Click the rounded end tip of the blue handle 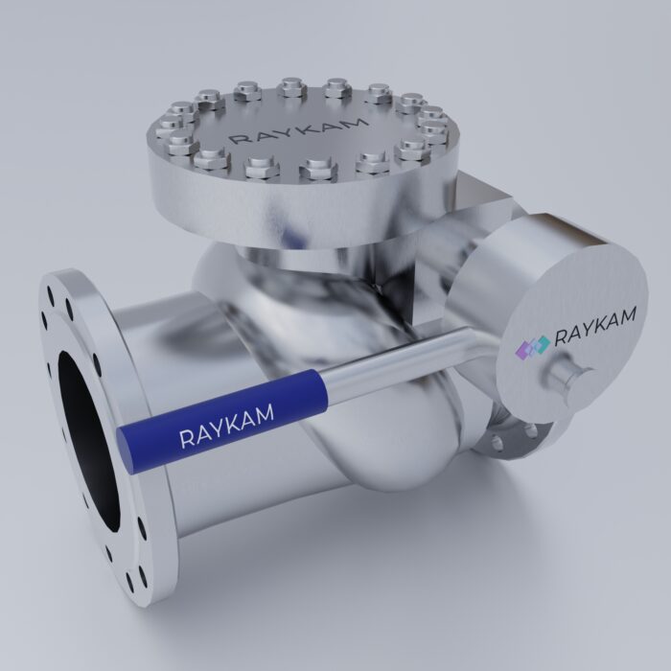point(126,443)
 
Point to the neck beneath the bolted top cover point(288,264)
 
